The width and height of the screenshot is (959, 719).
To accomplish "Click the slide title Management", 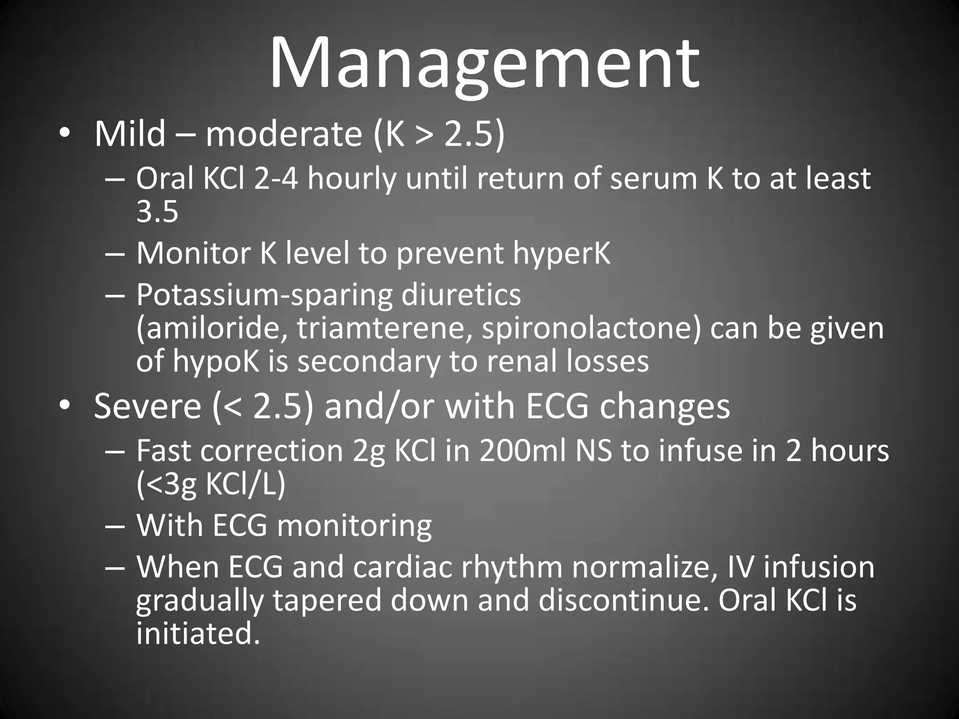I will pos(484,63).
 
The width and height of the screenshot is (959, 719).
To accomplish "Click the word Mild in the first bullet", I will pos(130,134).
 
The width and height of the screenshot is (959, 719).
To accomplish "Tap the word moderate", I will pos(284,134).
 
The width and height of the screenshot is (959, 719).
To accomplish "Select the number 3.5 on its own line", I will pos(157,212).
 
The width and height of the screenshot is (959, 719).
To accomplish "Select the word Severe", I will pos(148,406).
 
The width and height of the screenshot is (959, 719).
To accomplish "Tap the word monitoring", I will pos(354,526).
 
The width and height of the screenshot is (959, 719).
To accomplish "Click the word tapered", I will pos(327,601).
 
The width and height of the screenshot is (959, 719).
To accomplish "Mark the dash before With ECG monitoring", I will pos(115,526).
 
